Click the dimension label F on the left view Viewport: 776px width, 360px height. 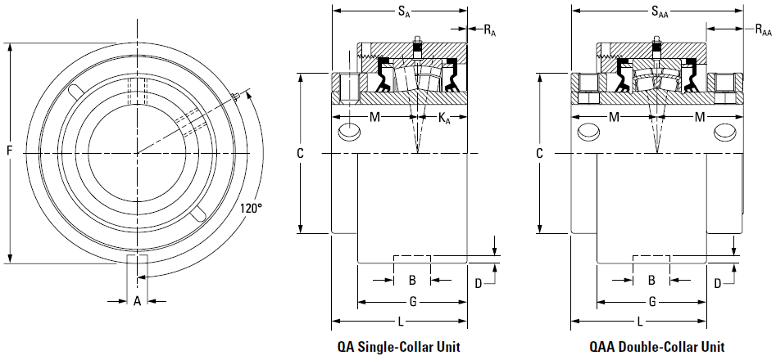[9, 151]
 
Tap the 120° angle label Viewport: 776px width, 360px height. [251, 208]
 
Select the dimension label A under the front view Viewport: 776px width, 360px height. [138, 300]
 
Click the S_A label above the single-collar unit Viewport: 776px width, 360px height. [404, 11]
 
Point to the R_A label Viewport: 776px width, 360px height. [489, 30]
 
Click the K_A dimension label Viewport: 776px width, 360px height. [444, 118]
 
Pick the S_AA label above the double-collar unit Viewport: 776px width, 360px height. [660, 11]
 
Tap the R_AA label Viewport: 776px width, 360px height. [763, 30]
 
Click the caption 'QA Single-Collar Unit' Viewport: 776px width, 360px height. [399, 347]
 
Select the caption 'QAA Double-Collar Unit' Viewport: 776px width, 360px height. [656, 347]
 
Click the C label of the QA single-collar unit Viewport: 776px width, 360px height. [300, 154]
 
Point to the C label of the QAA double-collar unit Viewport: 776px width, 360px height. [539, 154]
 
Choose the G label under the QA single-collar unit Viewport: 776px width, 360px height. [413, 302]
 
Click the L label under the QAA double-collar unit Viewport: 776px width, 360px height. [639, 322]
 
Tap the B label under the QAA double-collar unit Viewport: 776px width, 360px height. [651, 281]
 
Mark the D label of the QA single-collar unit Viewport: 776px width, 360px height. [479, 283]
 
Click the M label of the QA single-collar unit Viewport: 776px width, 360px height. [375, 117]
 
